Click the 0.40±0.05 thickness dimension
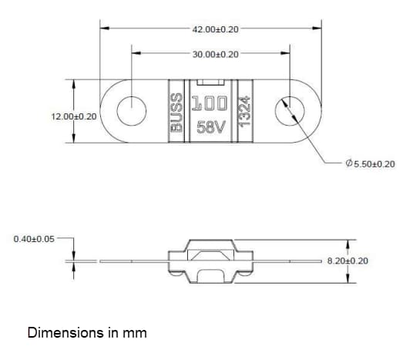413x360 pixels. tap(35, 239)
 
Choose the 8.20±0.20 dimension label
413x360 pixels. tap(348, 261)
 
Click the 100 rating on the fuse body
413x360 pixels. tap(210, 103)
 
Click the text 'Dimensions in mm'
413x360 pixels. tap(86, 334)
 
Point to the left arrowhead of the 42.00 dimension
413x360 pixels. tap(104, 29)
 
